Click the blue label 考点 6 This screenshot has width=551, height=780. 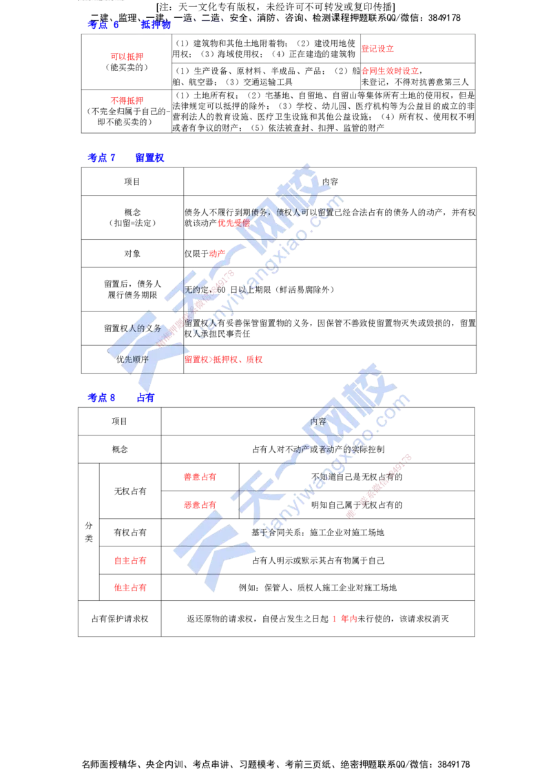click(103, 26)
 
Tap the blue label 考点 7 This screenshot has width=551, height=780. click(101, 158)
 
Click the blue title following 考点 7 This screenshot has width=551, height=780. click(149, 158)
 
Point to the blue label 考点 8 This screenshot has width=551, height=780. click(101, 398)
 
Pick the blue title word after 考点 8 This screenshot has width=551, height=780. click(145, 398)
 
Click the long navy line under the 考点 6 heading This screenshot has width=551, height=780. click(358, 30)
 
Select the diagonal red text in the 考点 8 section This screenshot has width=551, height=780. click(379, 486)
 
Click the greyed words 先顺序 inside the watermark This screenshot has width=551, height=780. click(135, 360)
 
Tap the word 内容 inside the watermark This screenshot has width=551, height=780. click(318, 421)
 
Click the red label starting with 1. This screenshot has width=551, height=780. click(344, 619)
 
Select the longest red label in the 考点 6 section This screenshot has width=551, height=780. click(390, 71)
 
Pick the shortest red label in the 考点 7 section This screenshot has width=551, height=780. click(217, 254)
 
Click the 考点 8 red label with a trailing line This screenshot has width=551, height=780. click(200, 477)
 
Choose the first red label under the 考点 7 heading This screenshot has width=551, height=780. click(232, 223)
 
